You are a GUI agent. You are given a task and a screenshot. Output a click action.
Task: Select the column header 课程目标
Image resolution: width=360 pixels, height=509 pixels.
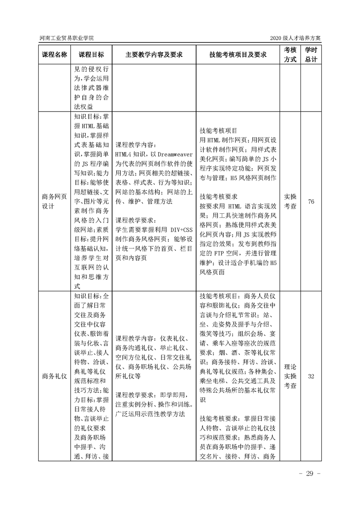(x=91, y=54)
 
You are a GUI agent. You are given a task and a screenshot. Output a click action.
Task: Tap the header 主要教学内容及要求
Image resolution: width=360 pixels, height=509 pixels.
(x=154, y=54)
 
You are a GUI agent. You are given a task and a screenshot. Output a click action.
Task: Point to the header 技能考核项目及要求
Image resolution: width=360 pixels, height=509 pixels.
(x=238, y=54)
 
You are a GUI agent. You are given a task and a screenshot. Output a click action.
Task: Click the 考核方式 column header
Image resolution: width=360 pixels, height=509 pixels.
(x=291, y=54)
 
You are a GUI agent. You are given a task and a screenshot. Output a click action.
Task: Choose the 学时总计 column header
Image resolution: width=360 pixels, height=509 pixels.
(x=311, y=54)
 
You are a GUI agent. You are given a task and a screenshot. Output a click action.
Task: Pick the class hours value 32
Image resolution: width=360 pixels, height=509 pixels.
(x=311, y=376)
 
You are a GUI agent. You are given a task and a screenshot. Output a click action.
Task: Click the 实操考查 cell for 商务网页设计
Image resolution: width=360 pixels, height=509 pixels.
(x=291, y=201)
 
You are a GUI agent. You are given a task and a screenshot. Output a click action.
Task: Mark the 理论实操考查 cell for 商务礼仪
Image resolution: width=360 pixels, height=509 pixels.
(x=291, y=376)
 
